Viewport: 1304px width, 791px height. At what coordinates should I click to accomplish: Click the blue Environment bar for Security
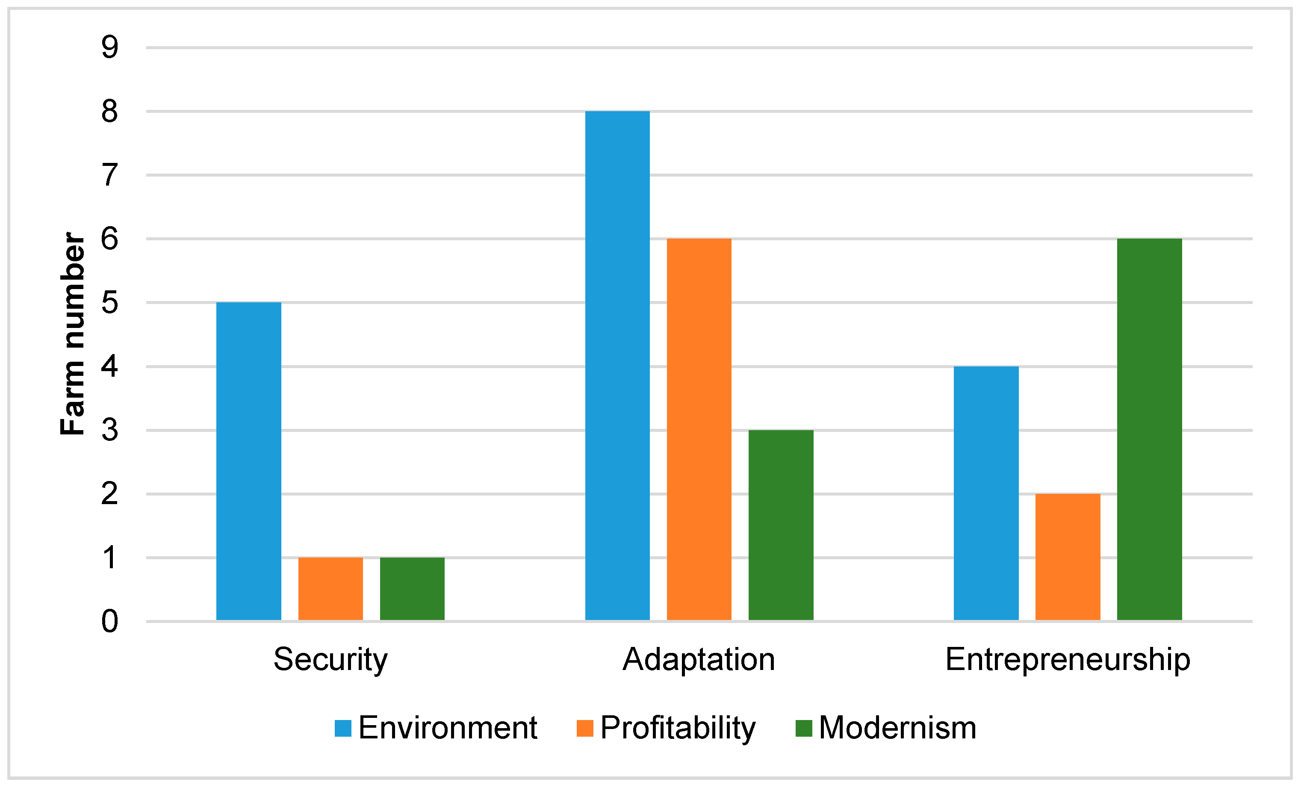pyautogui.click(x=249, y=461)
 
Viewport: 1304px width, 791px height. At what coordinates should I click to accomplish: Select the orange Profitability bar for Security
pyautogui.click(x=331, y=588)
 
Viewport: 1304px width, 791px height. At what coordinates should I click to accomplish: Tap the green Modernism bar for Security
pyautogui.click(x=412, y=588)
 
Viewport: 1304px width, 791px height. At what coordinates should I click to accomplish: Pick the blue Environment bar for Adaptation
pyautogui.click(x=618, y=366)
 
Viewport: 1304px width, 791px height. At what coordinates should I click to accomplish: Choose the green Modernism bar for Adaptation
pyautogui.click(x=781, y=525)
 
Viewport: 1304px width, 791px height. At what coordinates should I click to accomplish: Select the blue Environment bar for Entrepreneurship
pyautogui.click(x=986, y=493)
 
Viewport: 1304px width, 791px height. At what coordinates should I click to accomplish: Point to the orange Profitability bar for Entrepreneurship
pyautogui.click(x=1068, y=557)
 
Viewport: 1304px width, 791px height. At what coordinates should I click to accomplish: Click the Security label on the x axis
pyautogui.click(x=331, y=660)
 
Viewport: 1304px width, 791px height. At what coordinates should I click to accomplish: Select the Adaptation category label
pyautogui.click(x=699, y=660)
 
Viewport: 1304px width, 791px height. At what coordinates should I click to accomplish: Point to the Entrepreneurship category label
pyautogui.click(x=1068, y=660)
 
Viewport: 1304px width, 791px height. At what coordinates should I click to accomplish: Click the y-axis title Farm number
pyautogui.click(x=73, y=334)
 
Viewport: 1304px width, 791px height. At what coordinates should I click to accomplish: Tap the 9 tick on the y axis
pyautogui.click(x=109, y=47)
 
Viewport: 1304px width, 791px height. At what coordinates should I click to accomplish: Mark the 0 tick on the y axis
pyautogui.click(x=109, y=621)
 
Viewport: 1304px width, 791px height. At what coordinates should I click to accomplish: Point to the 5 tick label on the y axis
pyautogui.click(x=109, y=303)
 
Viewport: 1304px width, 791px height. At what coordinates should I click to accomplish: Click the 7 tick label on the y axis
pyautogui.click(x=109, y=175)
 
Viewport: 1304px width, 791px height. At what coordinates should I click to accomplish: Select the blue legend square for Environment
pyautogui.click(x=343, y=729)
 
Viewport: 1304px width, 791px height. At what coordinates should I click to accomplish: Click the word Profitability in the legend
pyautogui.click(x=678, y=729)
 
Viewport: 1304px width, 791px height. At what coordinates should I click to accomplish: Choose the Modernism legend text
pyautogui.click(x=897, y=729)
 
